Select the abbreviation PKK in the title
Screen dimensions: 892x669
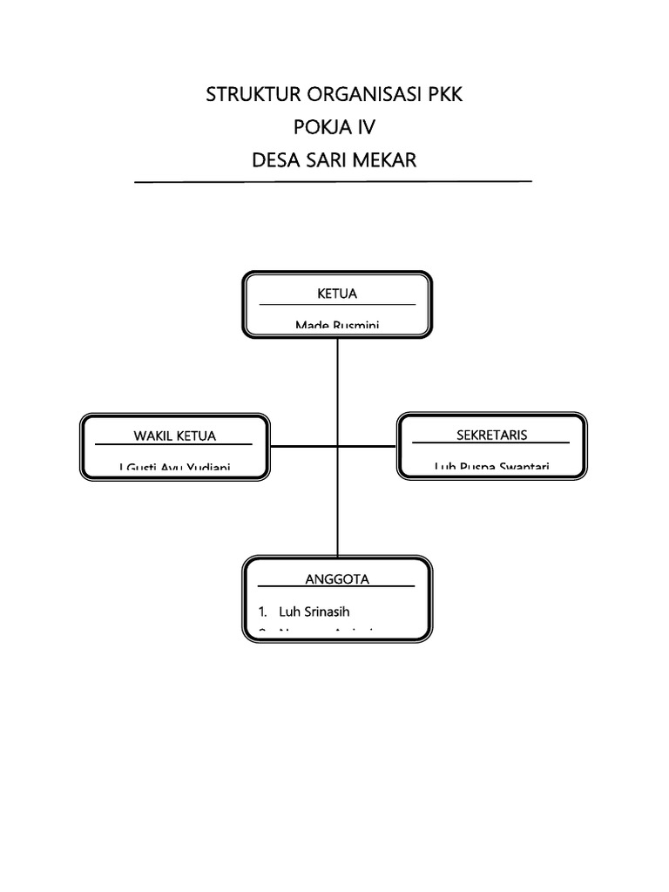pos(444,95)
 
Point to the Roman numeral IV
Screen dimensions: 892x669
pos(363,128)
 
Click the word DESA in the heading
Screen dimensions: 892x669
pos(276,161)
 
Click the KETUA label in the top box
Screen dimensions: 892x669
pos(337,294)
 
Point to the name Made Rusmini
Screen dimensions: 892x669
pos(337,326)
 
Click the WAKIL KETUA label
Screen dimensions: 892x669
pos(174,436)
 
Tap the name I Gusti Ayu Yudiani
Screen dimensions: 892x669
pos(174,468)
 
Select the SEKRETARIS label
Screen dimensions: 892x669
pos(492,435)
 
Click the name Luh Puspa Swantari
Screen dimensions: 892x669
pos(492,467)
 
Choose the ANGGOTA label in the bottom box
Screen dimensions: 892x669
pos(337,578)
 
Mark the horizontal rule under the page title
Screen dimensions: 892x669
pos(334,182)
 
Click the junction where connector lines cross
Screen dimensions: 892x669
pos(337,446)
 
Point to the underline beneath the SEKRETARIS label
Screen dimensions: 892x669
pos(492,443)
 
